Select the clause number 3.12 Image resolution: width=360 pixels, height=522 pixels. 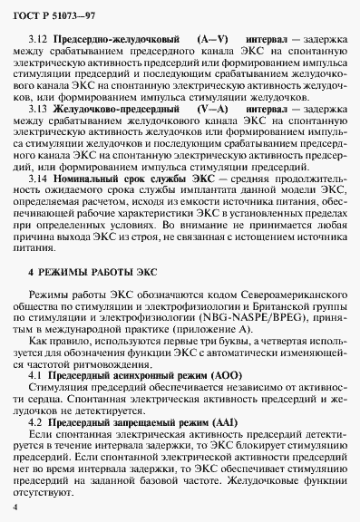(x=39, y=41)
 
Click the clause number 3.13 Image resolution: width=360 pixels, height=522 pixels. (x=39, y=108)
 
